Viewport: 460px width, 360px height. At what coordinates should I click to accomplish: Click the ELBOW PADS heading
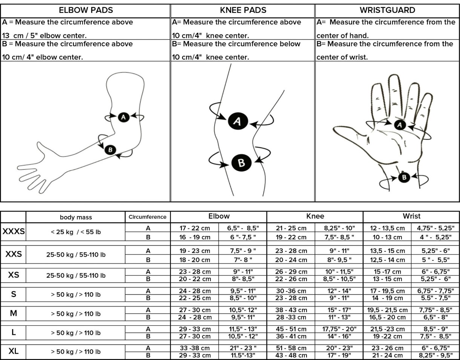pyautogui.click(x=86, y=10)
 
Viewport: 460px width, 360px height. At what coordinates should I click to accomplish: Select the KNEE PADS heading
pyautogui.click(x=243, y=10)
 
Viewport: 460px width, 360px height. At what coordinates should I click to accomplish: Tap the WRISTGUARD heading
pyautogui.click(x=387, y=10)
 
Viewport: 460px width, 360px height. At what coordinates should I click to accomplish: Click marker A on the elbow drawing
pyautogui.click(x=123, y=117)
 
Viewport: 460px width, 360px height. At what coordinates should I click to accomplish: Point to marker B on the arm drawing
pyautogui.click(x=110, y=150)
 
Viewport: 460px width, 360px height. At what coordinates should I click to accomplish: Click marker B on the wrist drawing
pyautogui.click(x=404, y=177)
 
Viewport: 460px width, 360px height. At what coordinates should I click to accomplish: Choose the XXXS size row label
pyautogui.click(x=14, y=232)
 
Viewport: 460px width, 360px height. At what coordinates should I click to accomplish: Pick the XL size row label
pyautogui.click(x=14, y=351)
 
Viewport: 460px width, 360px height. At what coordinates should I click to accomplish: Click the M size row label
pyautogui.click(x=14, y=314)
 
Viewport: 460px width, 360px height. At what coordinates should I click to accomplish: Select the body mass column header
pyautogui.click(x=76, y=217)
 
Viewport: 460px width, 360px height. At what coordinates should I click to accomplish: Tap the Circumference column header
pyautogui.click(x=147, y=217)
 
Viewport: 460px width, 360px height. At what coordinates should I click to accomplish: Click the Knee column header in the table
pyautogui.click(x=315, y=216)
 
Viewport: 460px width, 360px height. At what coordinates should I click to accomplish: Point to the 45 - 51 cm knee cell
pyautogui.click(x=291, y=329)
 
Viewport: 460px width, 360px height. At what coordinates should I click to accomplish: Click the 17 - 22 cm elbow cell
pyautogui.click(x=195, y=228)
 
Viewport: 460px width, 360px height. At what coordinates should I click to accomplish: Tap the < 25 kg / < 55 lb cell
pyautogui.click(x=76, y=232)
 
